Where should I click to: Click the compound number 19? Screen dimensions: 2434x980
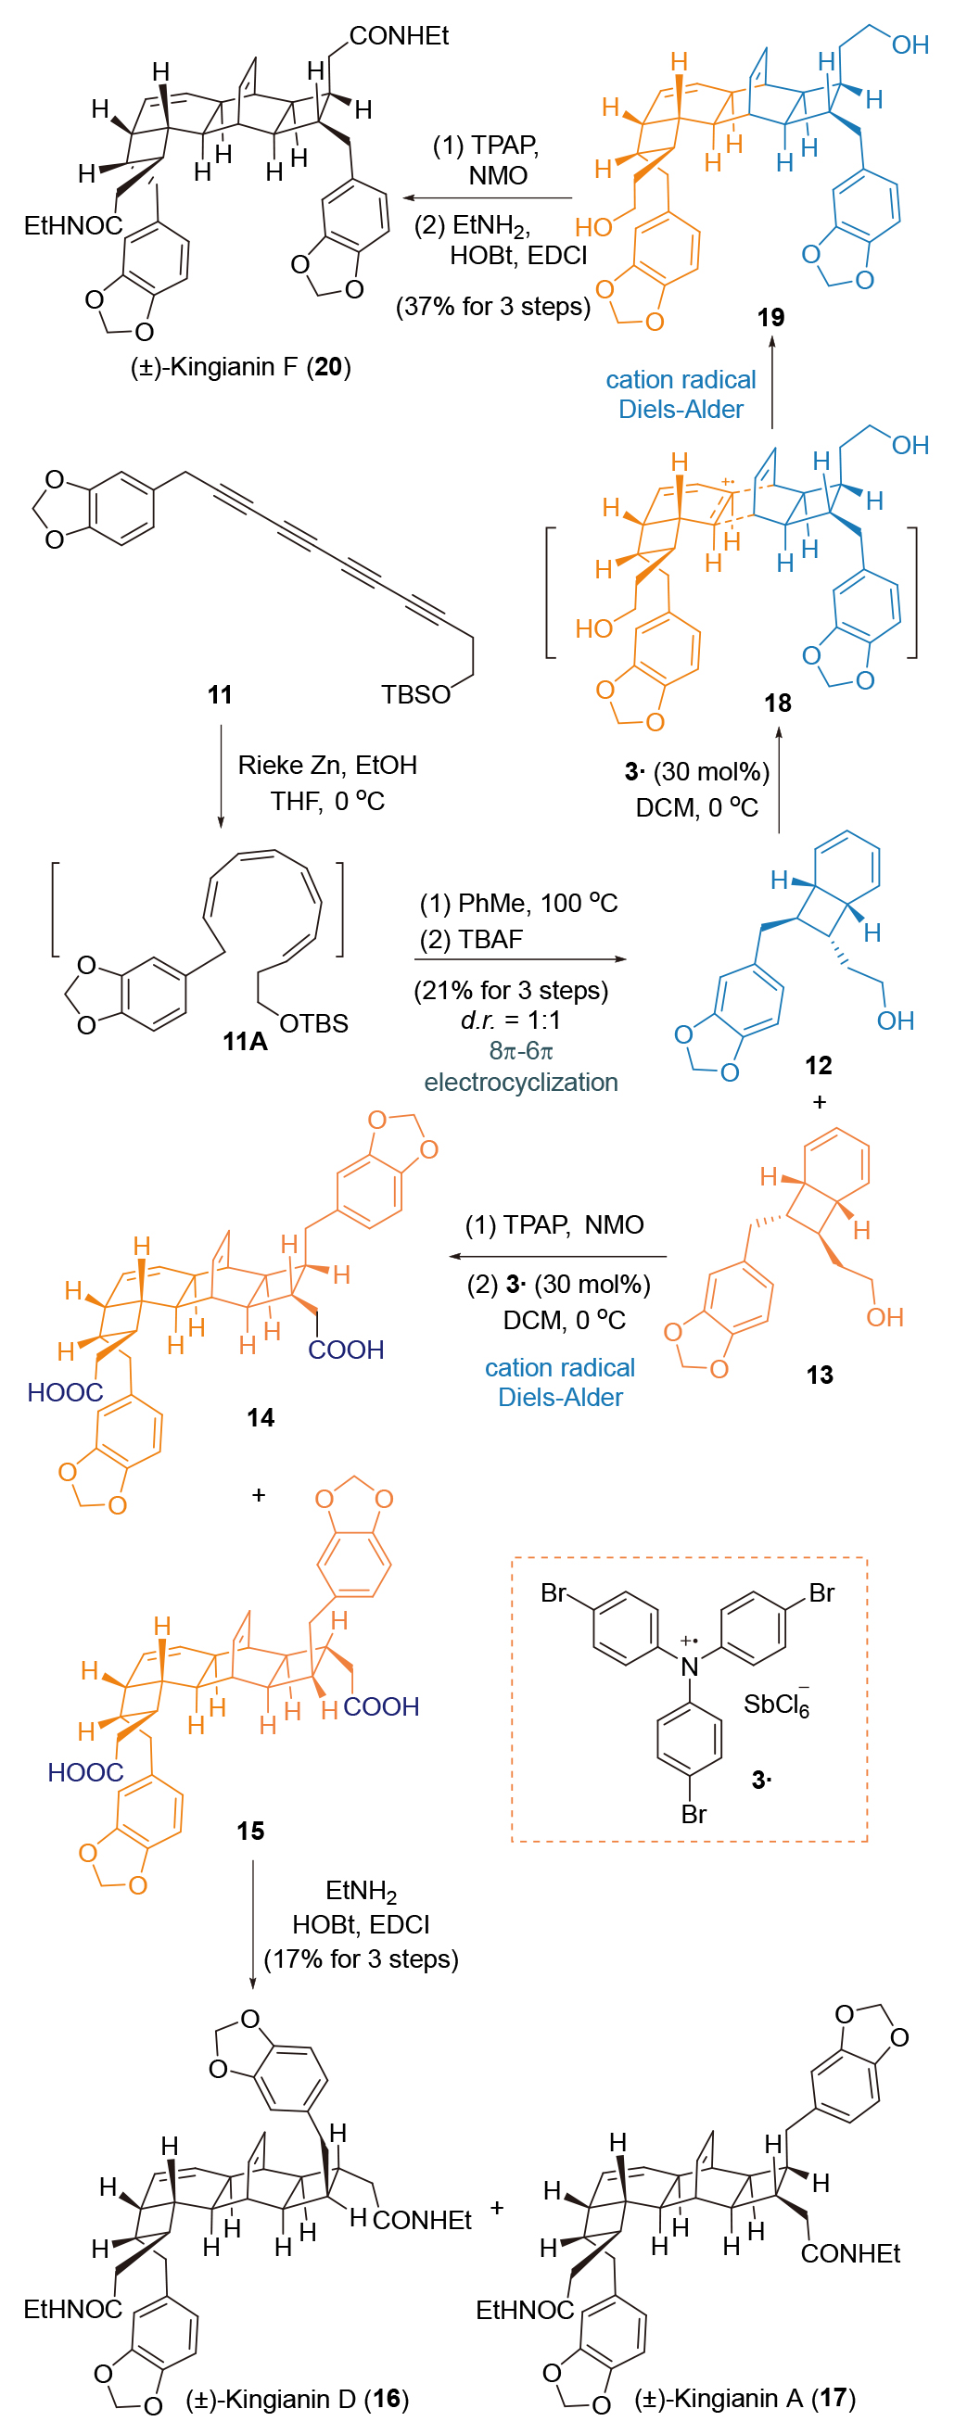[770, 318]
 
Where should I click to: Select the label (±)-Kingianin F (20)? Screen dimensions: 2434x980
[240, 367]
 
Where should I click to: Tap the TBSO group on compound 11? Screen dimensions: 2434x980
[415, 694]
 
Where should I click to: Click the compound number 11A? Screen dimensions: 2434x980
[245, 1041]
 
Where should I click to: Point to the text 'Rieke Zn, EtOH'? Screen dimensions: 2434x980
[327, 766]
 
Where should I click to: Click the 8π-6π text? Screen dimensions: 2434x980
[521, 1051]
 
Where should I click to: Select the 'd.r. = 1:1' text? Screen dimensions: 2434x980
[511, 1021]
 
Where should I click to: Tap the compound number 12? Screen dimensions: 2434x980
[818, 1066]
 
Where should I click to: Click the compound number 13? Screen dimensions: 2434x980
[820, 1375]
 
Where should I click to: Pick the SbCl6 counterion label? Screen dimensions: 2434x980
[776, 1705]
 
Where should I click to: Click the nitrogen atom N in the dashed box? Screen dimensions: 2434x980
[690, 1667]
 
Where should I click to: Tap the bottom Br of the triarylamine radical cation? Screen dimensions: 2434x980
[694, 1814]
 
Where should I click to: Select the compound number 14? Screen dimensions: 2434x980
[260, 1417]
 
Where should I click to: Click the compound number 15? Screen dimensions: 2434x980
[250, 1831]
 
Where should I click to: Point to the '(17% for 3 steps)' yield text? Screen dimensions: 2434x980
[361, 1959]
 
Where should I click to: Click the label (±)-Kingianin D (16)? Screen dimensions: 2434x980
[297, 2399]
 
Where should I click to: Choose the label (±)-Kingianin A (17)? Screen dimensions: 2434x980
[745, 2398]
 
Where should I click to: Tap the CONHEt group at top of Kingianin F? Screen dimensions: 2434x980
[399, 36]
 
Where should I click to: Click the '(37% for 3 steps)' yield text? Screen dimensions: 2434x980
[492, 306]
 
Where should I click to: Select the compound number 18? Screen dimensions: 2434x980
[777, 703]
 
